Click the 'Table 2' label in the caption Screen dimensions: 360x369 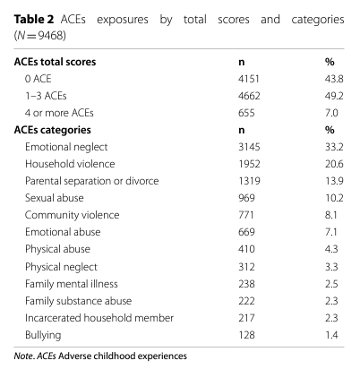pos(34,20)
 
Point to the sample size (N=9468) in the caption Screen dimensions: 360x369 pos(39,36)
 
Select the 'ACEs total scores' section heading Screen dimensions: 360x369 pos(55,62)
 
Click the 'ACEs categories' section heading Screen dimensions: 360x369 pos(53,130)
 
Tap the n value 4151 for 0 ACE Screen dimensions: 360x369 pos(249,79)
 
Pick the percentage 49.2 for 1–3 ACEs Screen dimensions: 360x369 pos(334,96)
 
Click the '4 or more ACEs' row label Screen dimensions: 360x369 pos(59,113)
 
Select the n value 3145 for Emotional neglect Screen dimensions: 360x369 pos(249,147)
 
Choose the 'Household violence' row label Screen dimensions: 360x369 pos(70,164)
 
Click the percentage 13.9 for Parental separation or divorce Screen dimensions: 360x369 pos(334,181)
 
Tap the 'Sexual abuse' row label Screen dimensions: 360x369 pos(55,198)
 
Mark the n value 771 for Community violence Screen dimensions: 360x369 pos(246,215)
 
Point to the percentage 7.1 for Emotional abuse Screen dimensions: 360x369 pos(331,232)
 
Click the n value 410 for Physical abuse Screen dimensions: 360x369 pos(246,249)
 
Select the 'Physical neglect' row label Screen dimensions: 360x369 pos(61,267)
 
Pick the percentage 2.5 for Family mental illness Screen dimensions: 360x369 pos(331,284)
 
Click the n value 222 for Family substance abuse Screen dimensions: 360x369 pos(246,301)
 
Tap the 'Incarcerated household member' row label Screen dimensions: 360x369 pos(99,318)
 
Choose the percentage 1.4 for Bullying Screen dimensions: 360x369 pos(331,335)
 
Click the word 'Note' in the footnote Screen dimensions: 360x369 pos(23,356)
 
